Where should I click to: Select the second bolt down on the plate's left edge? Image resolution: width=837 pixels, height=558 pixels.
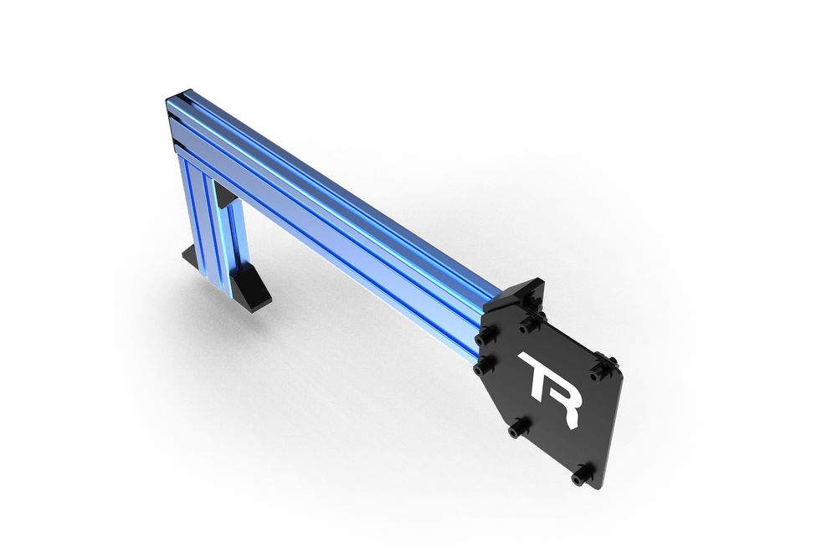(x=481, y=367)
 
